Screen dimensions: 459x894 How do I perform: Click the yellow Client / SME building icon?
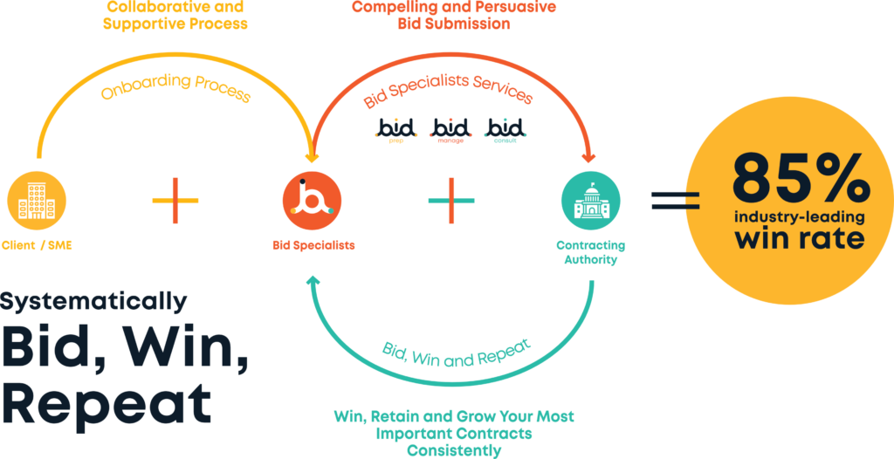click(x=37, y=200)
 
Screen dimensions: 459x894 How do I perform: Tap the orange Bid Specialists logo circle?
click(x=312, y=200)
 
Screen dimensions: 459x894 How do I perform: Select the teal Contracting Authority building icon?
click(x=590, y=200)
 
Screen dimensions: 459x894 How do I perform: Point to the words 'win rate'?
click(x=800, y=237)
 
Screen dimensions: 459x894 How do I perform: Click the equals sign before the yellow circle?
click(x=675, y=200)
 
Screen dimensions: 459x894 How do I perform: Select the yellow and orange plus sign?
click(x=175, y=201)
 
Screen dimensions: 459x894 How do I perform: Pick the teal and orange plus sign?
click(x=451, y=201)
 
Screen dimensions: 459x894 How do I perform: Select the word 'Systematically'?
click(x=93, y=302)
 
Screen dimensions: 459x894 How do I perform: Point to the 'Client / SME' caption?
click(x=37, y=245)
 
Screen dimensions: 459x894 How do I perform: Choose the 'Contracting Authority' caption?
click(x=590, y=252)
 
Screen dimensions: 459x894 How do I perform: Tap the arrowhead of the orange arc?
click(x=588, y=157)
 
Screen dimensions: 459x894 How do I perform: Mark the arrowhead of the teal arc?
click(x=314, y=281)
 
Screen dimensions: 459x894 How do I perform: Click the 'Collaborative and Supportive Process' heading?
click(x=175, y=15)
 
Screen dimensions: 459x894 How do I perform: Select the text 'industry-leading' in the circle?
click(x=800, y=216)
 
